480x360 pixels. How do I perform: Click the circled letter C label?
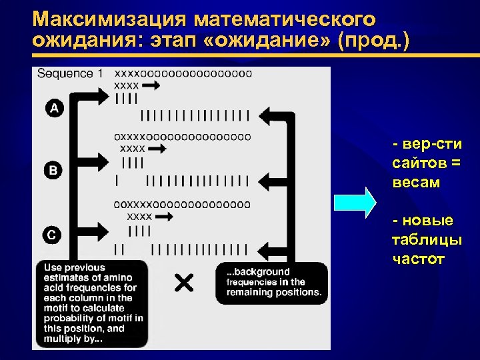tap(54, 234)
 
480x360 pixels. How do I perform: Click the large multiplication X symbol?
tap(184, 283)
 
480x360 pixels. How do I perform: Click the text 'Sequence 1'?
tap(70, 73)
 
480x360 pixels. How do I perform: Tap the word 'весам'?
tap(417, 182)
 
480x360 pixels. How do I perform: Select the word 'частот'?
tap(419, 259)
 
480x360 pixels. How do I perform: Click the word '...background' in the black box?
tap(257, 271)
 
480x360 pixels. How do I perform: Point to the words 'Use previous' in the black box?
tap(75, 267)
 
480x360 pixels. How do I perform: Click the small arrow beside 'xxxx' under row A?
tap(151, 86)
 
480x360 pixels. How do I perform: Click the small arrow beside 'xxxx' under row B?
tap(157, 149)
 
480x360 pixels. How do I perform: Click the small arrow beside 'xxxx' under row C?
tap(164, 217)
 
